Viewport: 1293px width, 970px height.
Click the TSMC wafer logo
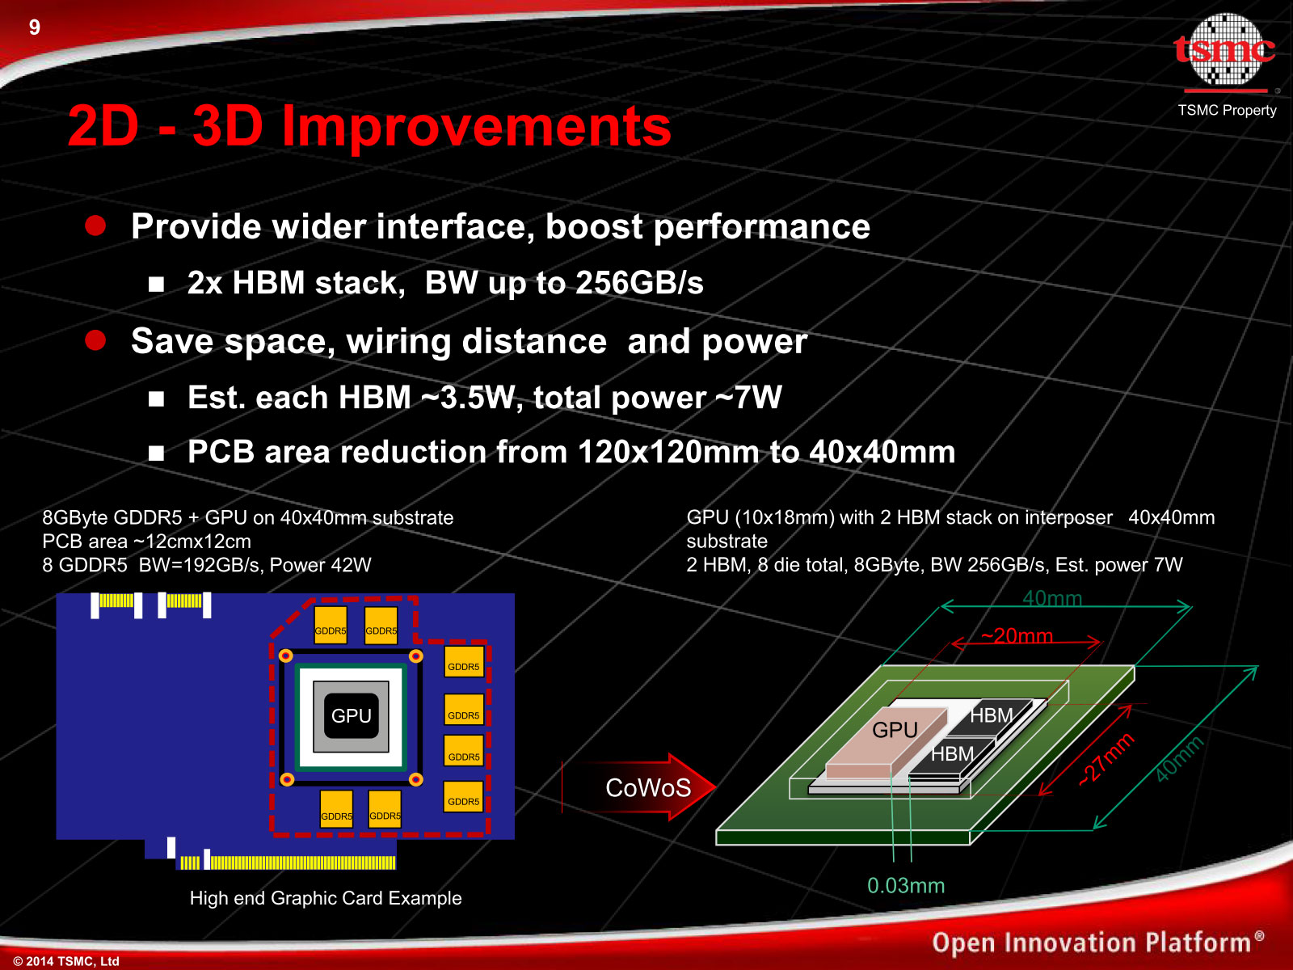(x=1225, y=51)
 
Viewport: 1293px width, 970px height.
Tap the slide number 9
(x=35, y=27)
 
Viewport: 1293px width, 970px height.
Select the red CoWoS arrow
(x=640, y=787)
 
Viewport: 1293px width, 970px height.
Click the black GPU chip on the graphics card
(x=351, y=715)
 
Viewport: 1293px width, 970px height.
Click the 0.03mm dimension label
(x=905, y=886)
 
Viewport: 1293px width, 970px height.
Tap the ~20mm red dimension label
(x=1017, y=635)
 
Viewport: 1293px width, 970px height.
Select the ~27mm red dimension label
(x=1106, y=759)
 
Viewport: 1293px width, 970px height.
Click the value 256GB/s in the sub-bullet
(x=639, y=283)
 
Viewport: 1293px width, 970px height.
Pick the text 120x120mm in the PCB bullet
(x=668, y=453)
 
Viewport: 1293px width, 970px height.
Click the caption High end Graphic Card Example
(x=326, y=898)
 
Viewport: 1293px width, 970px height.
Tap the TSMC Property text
(x=1227, y=110)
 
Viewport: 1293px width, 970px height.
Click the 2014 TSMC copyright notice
(x=66, y=961)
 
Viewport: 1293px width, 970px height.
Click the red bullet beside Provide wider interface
(x=95, y=226)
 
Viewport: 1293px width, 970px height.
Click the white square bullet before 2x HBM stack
(x=156, y=285)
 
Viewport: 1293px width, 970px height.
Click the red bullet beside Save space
(x=95, y=340)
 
